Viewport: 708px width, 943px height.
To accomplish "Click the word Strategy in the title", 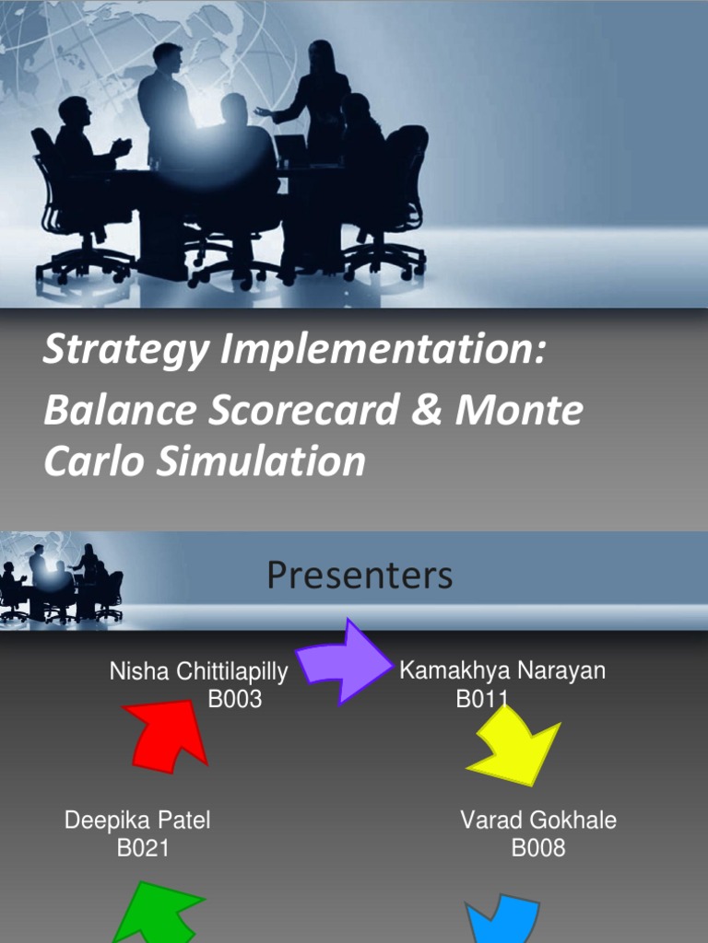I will click(x=102, y=351).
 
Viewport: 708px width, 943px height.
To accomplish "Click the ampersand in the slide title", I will click(x=426, y=410).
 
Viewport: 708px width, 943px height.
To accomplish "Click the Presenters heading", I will click(x=360, y=576).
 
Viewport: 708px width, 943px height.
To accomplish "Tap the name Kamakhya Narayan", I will click(x=502, y=670).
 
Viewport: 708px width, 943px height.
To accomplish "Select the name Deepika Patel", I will click(x=137, y=820).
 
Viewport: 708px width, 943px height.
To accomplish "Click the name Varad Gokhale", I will click(x=538, y=820).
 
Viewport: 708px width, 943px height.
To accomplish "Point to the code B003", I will click(x=235, y=700).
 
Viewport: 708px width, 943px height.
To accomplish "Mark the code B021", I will click(x=143, y=847).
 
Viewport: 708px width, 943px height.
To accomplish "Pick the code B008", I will click(x=538, y=847).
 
